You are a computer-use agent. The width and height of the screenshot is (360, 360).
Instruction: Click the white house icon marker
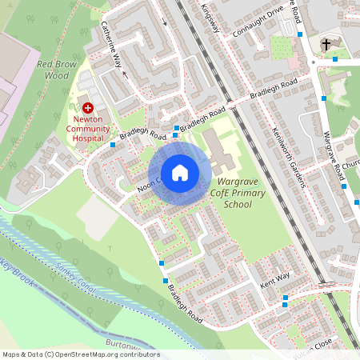tap(180, 173)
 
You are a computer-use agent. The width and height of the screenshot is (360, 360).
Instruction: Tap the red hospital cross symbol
tap(88, 106)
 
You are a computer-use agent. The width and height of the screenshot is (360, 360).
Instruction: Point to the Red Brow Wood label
tap(56, 69)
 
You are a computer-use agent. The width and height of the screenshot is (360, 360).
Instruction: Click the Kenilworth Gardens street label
tap(289, 157)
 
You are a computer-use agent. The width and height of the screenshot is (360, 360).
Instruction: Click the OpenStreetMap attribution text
tap(80, 354)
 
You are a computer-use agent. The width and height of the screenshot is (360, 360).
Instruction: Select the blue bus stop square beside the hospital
tap(111, 145)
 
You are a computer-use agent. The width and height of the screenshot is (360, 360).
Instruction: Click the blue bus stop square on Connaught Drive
tap(299, 35)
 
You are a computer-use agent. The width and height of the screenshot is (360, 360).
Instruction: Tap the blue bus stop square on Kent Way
tap(286, 299)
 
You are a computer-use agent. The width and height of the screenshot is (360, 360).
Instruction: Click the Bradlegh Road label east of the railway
tap(273, 89)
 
